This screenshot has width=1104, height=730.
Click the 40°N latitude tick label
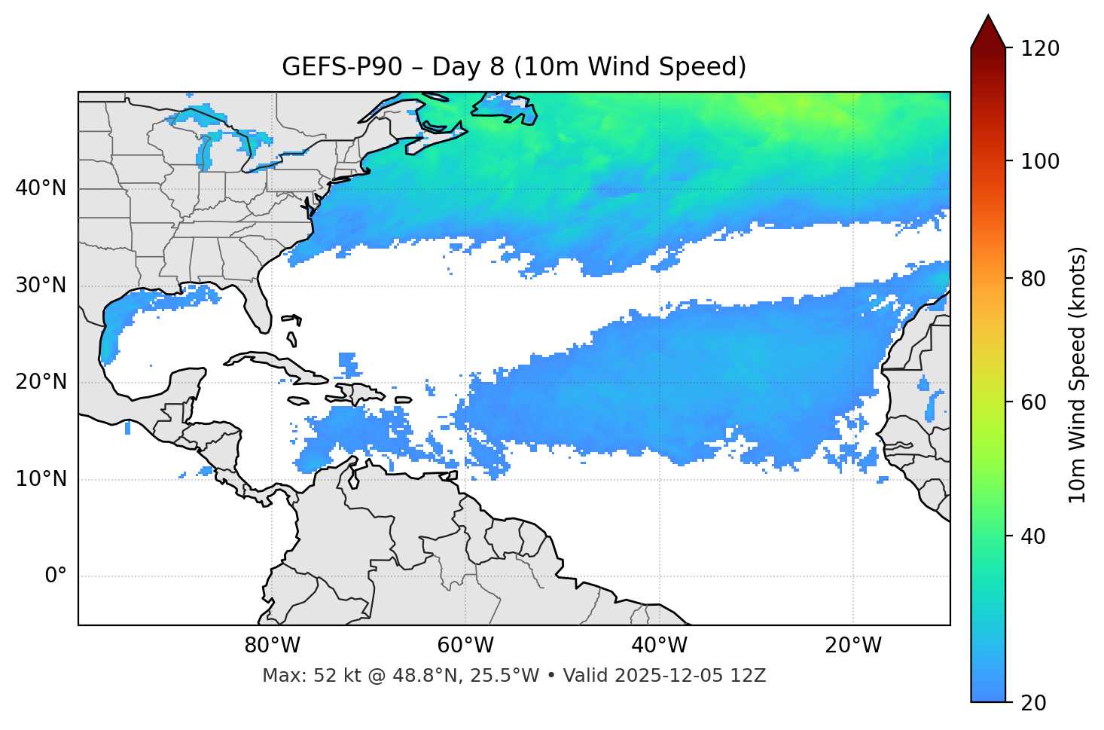click(41, 188)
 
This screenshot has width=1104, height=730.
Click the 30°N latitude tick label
click(41, 286)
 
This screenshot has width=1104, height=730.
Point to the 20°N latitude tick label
click(41, 382)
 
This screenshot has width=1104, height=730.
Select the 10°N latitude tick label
click(41, 479)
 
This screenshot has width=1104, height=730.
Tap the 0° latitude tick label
click(56, 576)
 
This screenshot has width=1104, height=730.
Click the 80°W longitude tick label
click(272, 646)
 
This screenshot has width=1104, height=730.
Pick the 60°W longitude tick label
click(465, 646)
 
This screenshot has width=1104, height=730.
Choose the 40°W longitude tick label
click(659, 646)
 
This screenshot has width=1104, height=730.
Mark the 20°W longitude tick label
click(853, 646)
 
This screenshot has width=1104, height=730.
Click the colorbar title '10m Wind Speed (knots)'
click(1078, 374)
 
